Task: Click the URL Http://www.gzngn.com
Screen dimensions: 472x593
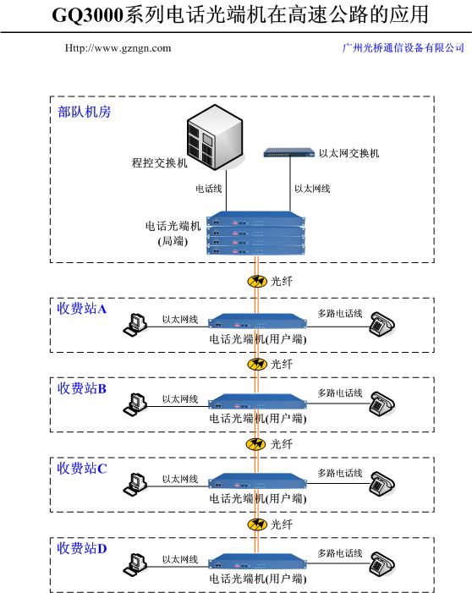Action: (x=118, y=48)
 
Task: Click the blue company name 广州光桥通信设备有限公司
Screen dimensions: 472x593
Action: (x=403, y=48)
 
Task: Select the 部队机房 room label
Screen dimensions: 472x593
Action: (x=85, y=112)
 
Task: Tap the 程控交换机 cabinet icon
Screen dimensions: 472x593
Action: (x=215, y=137)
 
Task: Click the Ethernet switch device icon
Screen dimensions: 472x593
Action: (x=289, y=153)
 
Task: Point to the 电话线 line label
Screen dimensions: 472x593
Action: (x=208, y=189)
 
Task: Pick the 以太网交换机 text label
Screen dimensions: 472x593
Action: (x=349, y=153)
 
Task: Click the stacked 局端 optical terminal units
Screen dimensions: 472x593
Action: (x=256, y=233)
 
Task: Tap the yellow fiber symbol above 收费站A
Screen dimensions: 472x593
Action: (x=257, y=281)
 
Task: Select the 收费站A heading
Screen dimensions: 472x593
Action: (x=82, y=309)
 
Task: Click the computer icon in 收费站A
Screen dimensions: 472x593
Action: (x=135, y=325)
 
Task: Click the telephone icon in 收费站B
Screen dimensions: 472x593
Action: (x=382, y=404)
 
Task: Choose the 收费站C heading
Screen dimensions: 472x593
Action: (x=82, y=468)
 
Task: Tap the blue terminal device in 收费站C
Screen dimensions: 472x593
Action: (x=257, y=481)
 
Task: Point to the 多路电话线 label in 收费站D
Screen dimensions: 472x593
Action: (x=340, y=553)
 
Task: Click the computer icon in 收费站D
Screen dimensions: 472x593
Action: (x=135, y=564)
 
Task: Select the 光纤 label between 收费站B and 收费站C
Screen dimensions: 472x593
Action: (x=282, y=444)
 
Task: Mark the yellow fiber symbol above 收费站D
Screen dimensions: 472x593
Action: (x=257, y=524)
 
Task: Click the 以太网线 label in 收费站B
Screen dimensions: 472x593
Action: (x=180, y=399)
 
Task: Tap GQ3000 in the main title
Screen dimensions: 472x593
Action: (x=88, y=15)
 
